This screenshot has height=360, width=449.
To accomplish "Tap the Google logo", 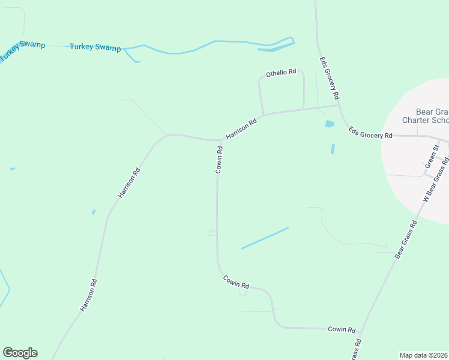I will (x=20, y=353).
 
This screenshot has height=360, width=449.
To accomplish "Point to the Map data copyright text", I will (x=424, y=355).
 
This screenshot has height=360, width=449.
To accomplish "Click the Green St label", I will (x=431, y=156).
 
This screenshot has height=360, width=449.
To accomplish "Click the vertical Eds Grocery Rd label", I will (x=330, y=79).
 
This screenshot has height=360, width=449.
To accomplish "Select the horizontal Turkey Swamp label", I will (x=95, y=47).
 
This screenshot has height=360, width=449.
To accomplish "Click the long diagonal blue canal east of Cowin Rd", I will (x=265, y=238).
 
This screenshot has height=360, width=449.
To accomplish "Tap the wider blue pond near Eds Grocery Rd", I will (x=329, y=124).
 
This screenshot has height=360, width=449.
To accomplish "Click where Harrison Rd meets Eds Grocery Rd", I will (x=339, y=106).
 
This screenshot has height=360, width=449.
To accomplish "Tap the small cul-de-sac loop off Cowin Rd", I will (x=243, y=292).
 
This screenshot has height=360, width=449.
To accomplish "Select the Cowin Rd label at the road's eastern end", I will (x=342, y=329).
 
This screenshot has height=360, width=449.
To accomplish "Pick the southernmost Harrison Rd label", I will (x=88, y=295).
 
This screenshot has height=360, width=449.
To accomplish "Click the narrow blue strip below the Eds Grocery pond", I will (x=333, y=148).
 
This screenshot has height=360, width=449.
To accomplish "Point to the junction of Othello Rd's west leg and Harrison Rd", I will (x=262, y=115).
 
